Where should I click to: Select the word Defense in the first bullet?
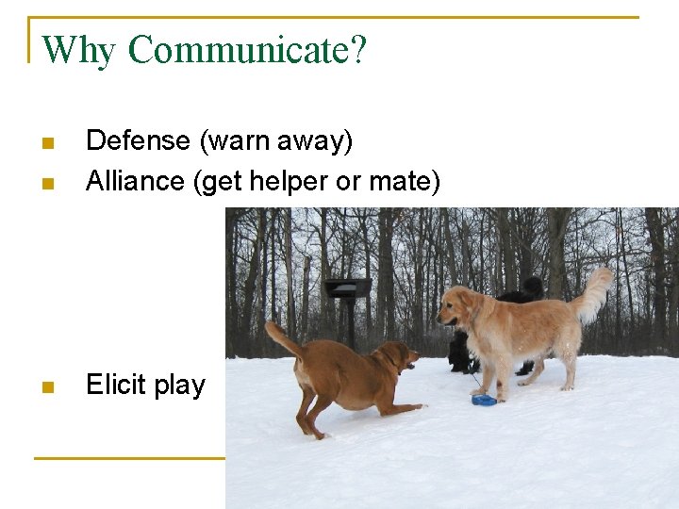pyautogui.click(x=138, y=141)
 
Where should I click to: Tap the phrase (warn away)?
pyautogui.click(x=275, y=141)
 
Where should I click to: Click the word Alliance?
pyautogui.click(x=136, y=180)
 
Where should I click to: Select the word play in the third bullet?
pyautogui.click(x=179, y=386)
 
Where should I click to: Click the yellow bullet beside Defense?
pyautogui.click(x=48, y=143)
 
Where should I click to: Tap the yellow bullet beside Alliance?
pyautogui.click(x=48, y=182)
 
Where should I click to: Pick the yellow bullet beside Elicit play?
pyautogui.click(x=48, y=386)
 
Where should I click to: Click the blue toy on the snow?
pyautogui.click(x=484, y=400)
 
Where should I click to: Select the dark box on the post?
pyautogui.click(x=347, y=288)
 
